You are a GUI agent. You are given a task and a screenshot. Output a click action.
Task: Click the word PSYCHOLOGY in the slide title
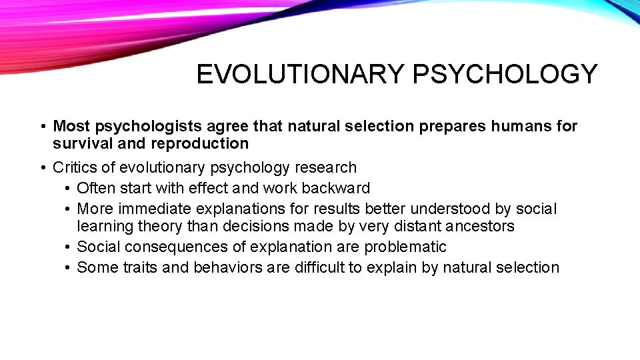(505, 75)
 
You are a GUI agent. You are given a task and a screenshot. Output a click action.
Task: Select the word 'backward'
(338, 188)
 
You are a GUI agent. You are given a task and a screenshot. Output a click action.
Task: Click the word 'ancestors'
(481, 226)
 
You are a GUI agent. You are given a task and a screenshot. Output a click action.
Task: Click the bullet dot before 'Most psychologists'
(41, 127)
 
